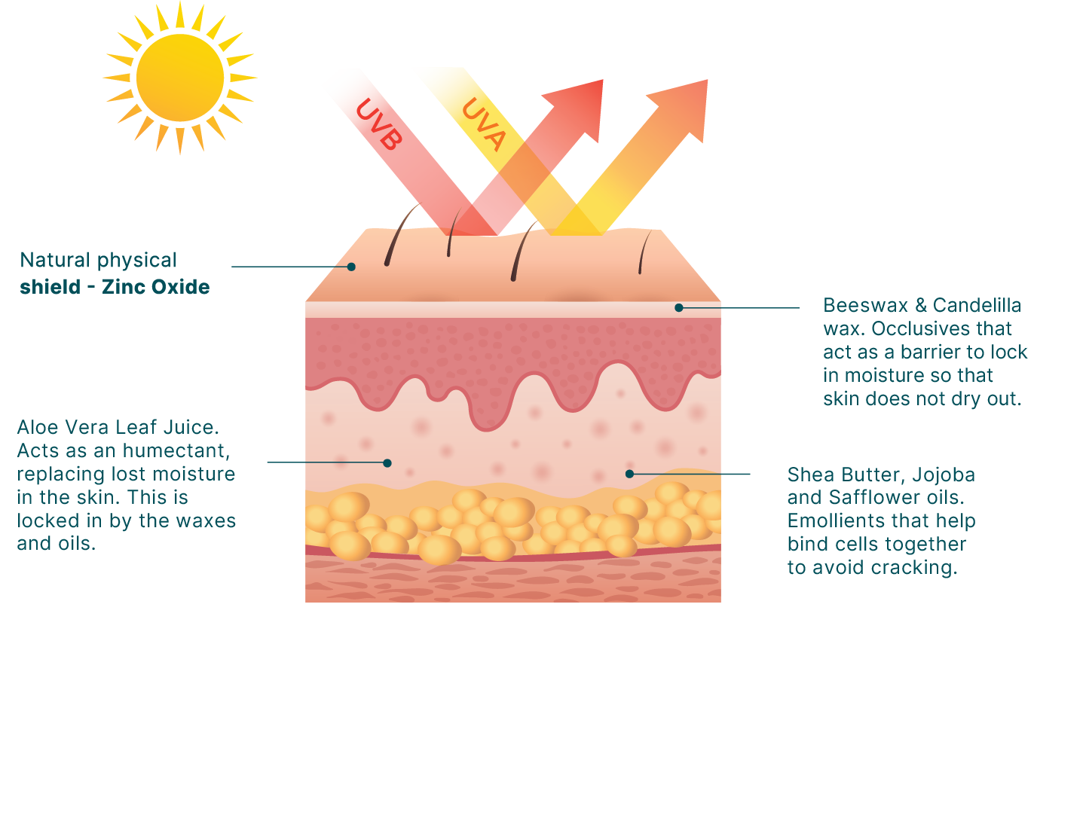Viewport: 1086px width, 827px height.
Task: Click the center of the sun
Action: tap(180, 78)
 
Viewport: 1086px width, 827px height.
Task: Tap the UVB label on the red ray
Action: tap(379, 124)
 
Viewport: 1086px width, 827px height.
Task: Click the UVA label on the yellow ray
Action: tap(484, 124)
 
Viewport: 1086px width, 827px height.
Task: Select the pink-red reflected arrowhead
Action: tap(577, 108)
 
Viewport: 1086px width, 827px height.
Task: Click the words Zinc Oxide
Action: tap(156, 287)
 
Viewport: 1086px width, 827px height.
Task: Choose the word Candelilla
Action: tap(977, 306)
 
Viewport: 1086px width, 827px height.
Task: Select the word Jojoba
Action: tap(944, 475)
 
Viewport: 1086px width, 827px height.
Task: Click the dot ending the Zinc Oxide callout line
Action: tap(351, 267)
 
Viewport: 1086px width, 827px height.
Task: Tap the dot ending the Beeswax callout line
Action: tap(679, 307)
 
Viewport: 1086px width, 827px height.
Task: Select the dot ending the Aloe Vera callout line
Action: tap(387, 462)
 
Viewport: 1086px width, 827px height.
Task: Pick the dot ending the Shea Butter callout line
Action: tap(629, 474)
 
